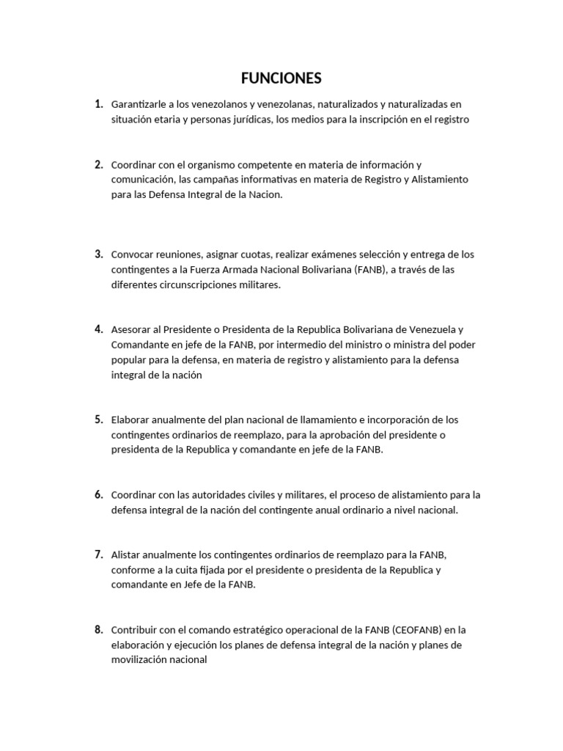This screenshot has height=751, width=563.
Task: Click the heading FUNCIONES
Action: click(x=281, y=78)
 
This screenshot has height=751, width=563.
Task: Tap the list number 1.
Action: click(x=98, y=104)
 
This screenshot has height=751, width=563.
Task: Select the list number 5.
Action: click(x=98, y=420)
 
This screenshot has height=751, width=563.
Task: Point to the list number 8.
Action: click(x=98, y=629)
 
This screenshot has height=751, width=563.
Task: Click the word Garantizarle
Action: click(x=139, y=105)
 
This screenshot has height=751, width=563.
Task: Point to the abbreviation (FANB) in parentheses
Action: click(x=355, y=270)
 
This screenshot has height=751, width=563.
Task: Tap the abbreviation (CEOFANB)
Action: click(x=419, y=630)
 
